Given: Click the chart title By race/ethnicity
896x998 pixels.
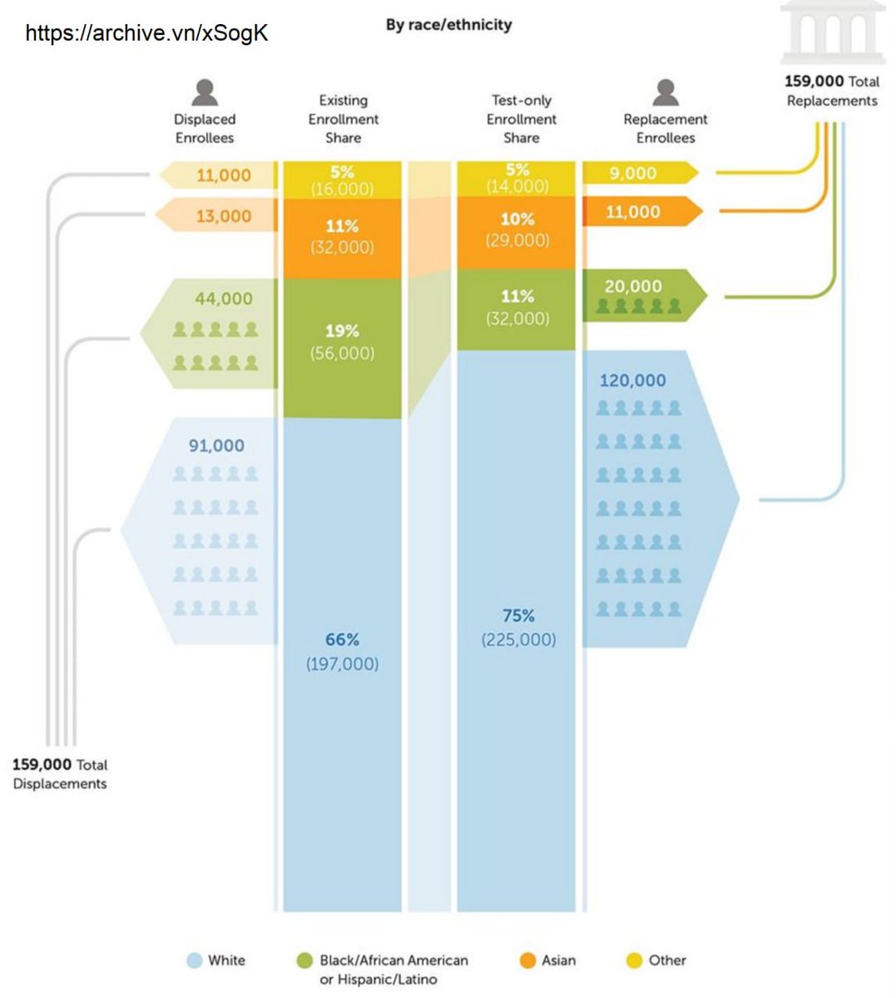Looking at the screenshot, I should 448,25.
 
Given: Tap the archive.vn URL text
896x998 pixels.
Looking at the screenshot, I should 146,33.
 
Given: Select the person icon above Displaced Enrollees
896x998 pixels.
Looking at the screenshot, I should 205,92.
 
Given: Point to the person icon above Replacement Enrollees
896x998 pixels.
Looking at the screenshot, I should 665,92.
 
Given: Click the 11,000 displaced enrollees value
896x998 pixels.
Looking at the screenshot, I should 223,175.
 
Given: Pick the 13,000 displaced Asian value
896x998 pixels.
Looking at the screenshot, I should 223,216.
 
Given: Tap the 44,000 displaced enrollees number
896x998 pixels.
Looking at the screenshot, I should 223,299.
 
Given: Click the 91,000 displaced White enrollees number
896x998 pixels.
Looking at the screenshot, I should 216,446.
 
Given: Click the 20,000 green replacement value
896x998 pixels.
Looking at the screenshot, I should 633,287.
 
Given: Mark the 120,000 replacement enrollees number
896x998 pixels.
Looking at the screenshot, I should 632,381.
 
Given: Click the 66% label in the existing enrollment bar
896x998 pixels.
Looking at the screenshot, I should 342,640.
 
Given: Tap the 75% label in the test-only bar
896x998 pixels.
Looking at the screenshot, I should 518,615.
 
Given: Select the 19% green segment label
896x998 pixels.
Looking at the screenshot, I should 342,331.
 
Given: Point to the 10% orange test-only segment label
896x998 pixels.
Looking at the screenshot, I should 517,220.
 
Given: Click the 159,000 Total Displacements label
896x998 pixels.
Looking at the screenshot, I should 60,773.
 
